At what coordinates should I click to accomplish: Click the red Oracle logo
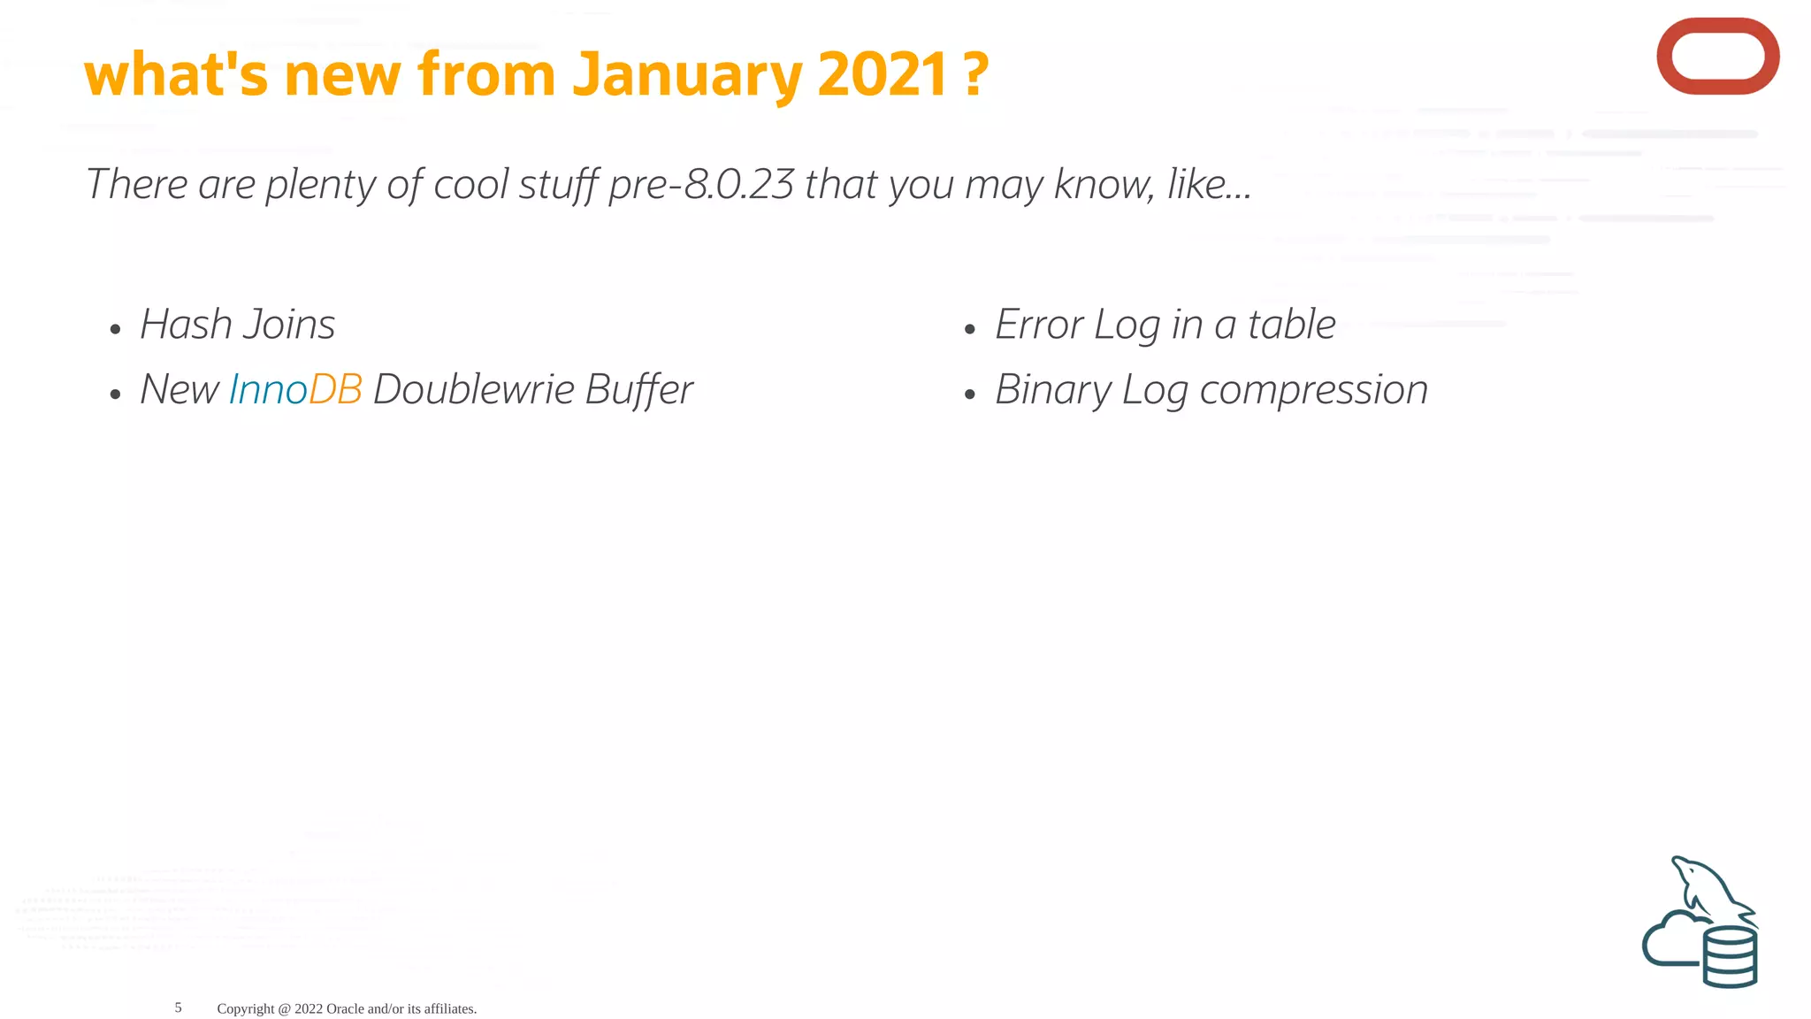1717,56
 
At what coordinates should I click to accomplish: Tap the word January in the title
685,74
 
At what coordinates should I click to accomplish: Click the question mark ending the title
975,74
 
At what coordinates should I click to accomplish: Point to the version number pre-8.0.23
701,184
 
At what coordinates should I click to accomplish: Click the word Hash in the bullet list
186,324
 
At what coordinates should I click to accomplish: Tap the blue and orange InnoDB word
295,389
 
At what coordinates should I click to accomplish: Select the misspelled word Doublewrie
473,389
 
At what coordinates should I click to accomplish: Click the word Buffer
638,389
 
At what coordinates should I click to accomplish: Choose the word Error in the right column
1038,324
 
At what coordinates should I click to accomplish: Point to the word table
1291,324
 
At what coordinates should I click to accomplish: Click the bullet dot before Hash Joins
115,330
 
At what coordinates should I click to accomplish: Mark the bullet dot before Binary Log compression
970,395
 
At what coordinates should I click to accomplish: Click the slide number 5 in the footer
178,1008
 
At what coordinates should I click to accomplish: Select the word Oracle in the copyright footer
345,1008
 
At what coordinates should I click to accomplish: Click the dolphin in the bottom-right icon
1707,889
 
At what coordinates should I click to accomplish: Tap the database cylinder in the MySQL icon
1730,957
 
